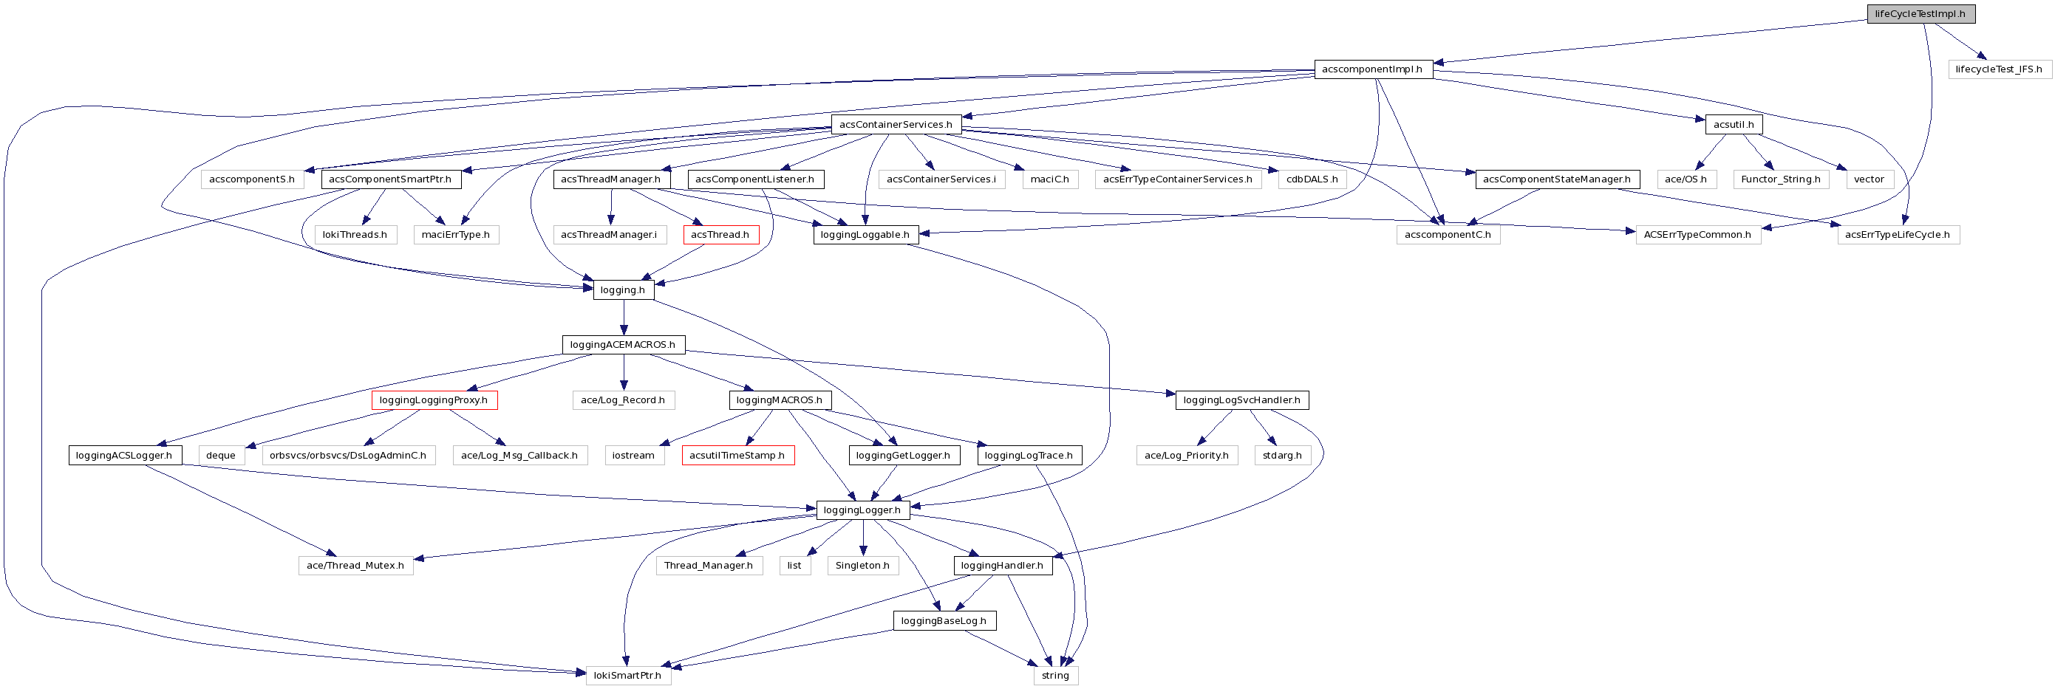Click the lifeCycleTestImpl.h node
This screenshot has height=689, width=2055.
[x=1921, y=13]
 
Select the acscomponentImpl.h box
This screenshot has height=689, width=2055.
[x=1372, y=69]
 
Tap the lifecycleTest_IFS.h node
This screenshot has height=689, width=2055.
[x=1998, y=69]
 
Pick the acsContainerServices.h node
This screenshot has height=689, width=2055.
[x=895, y=124]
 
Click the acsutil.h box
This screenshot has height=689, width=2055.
[x=1733, y=124]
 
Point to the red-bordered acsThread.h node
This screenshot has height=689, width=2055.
[x=720, y=234]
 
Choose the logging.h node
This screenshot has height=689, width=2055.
[x=623, y=289]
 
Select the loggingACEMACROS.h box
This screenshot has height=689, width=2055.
[x=623, y=344]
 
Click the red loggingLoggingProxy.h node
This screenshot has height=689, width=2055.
[x=434, y=400]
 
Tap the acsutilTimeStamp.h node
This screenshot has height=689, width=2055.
[x=738, y=456]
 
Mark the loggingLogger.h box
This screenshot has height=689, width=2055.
[x=862, y=510]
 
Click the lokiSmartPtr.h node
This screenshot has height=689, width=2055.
[x=628, y=676]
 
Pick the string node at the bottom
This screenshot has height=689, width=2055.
[x=1055, y=676]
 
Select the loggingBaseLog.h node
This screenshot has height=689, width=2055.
[x=944, y=620]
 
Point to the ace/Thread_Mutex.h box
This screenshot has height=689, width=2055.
[x=355, y=566]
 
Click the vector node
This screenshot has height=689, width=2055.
[x=1869, y=179]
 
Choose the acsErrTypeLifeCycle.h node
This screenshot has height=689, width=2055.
[x=1898, y=234]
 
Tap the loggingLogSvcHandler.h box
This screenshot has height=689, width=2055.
[x=1241, y=400]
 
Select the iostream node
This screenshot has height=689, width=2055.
[x=633, y=456]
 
